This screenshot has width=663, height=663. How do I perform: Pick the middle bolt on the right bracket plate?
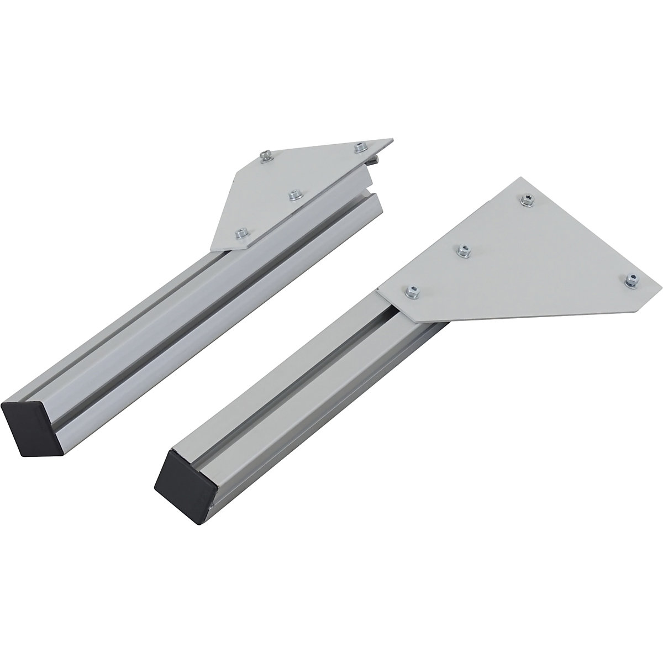click(x=462, y=250)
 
